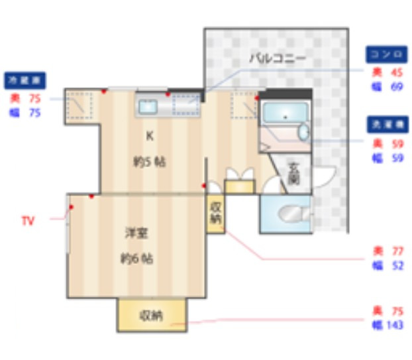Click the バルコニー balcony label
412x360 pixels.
[277, 58]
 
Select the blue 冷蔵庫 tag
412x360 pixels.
[25, 81]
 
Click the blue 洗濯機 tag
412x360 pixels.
[387, 125]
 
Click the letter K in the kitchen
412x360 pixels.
[150, 137]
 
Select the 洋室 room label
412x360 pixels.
[137, 233]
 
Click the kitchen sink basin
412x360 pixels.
[146, 105]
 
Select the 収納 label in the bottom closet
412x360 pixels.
[151, 316]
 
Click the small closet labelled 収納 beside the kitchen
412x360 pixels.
[216, 213]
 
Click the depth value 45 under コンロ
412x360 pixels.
[397, 72]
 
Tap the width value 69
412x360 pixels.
[397, 87]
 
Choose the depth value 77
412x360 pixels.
[397, 251]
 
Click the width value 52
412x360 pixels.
[397, 266]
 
